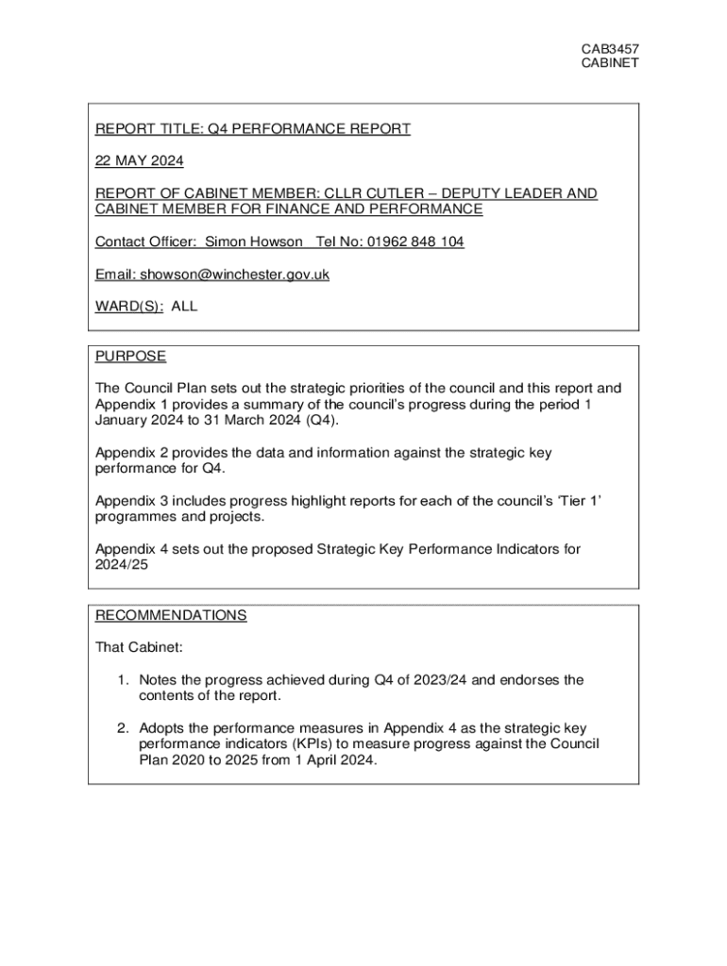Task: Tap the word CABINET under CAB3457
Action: point(609,62)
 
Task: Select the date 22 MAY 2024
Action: point(140,160)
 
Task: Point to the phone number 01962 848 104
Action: point(416,242)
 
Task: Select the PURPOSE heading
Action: point(130,357)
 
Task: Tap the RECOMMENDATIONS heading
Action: point(171,616)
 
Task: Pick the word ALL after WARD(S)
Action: point(184,307)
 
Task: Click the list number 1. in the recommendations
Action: point(124,680)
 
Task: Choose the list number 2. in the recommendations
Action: point(124,728)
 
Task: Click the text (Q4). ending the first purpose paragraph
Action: point(320,420)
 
